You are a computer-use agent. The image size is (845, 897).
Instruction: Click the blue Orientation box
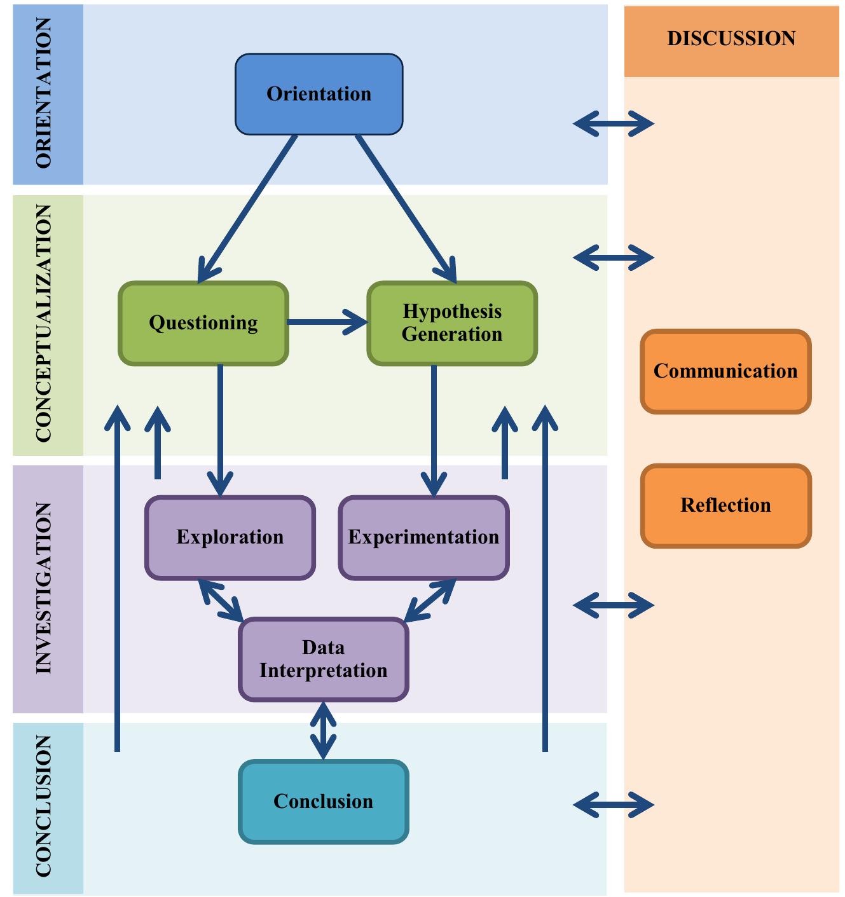tap(319, 94)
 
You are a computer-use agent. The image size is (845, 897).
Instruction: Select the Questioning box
tap(203, 323)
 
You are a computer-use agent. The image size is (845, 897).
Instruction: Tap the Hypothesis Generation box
tap(452, 323)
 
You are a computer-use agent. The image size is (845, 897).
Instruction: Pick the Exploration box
tap(230, 537)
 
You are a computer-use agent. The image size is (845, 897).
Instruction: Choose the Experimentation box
tap(423, 537)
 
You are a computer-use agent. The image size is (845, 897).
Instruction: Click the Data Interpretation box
tap(323, 659)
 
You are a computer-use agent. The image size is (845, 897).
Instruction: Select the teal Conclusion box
tap(323, 802)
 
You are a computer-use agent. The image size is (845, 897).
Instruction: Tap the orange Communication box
tap(725, 371)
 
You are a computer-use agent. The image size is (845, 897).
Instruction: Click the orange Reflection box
tap(725, 505)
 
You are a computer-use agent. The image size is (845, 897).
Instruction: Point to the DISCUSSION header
tap(731, 39)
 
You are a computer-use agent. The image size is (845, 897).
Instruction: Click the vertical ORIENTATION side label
tap(44, 93)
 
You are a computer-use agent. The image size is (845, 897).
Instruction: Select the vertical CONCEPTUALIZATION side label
tap(44, 324)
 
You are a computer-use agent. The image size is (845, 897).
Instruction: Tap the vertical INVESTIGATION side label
tap(44, 588)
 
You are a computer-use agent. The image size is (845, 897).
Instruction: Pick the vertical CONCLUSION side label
tap(44, 807)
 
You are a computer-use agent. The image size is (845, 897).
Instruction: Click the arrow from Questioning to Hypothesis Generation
tap(327, 322)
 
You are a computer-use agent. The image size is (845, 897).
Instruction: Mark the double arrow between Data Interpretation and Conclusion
tap(324, 730)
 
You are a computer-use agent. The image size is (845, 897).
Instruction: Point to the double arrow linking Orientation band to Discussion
tap(613, 123)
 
